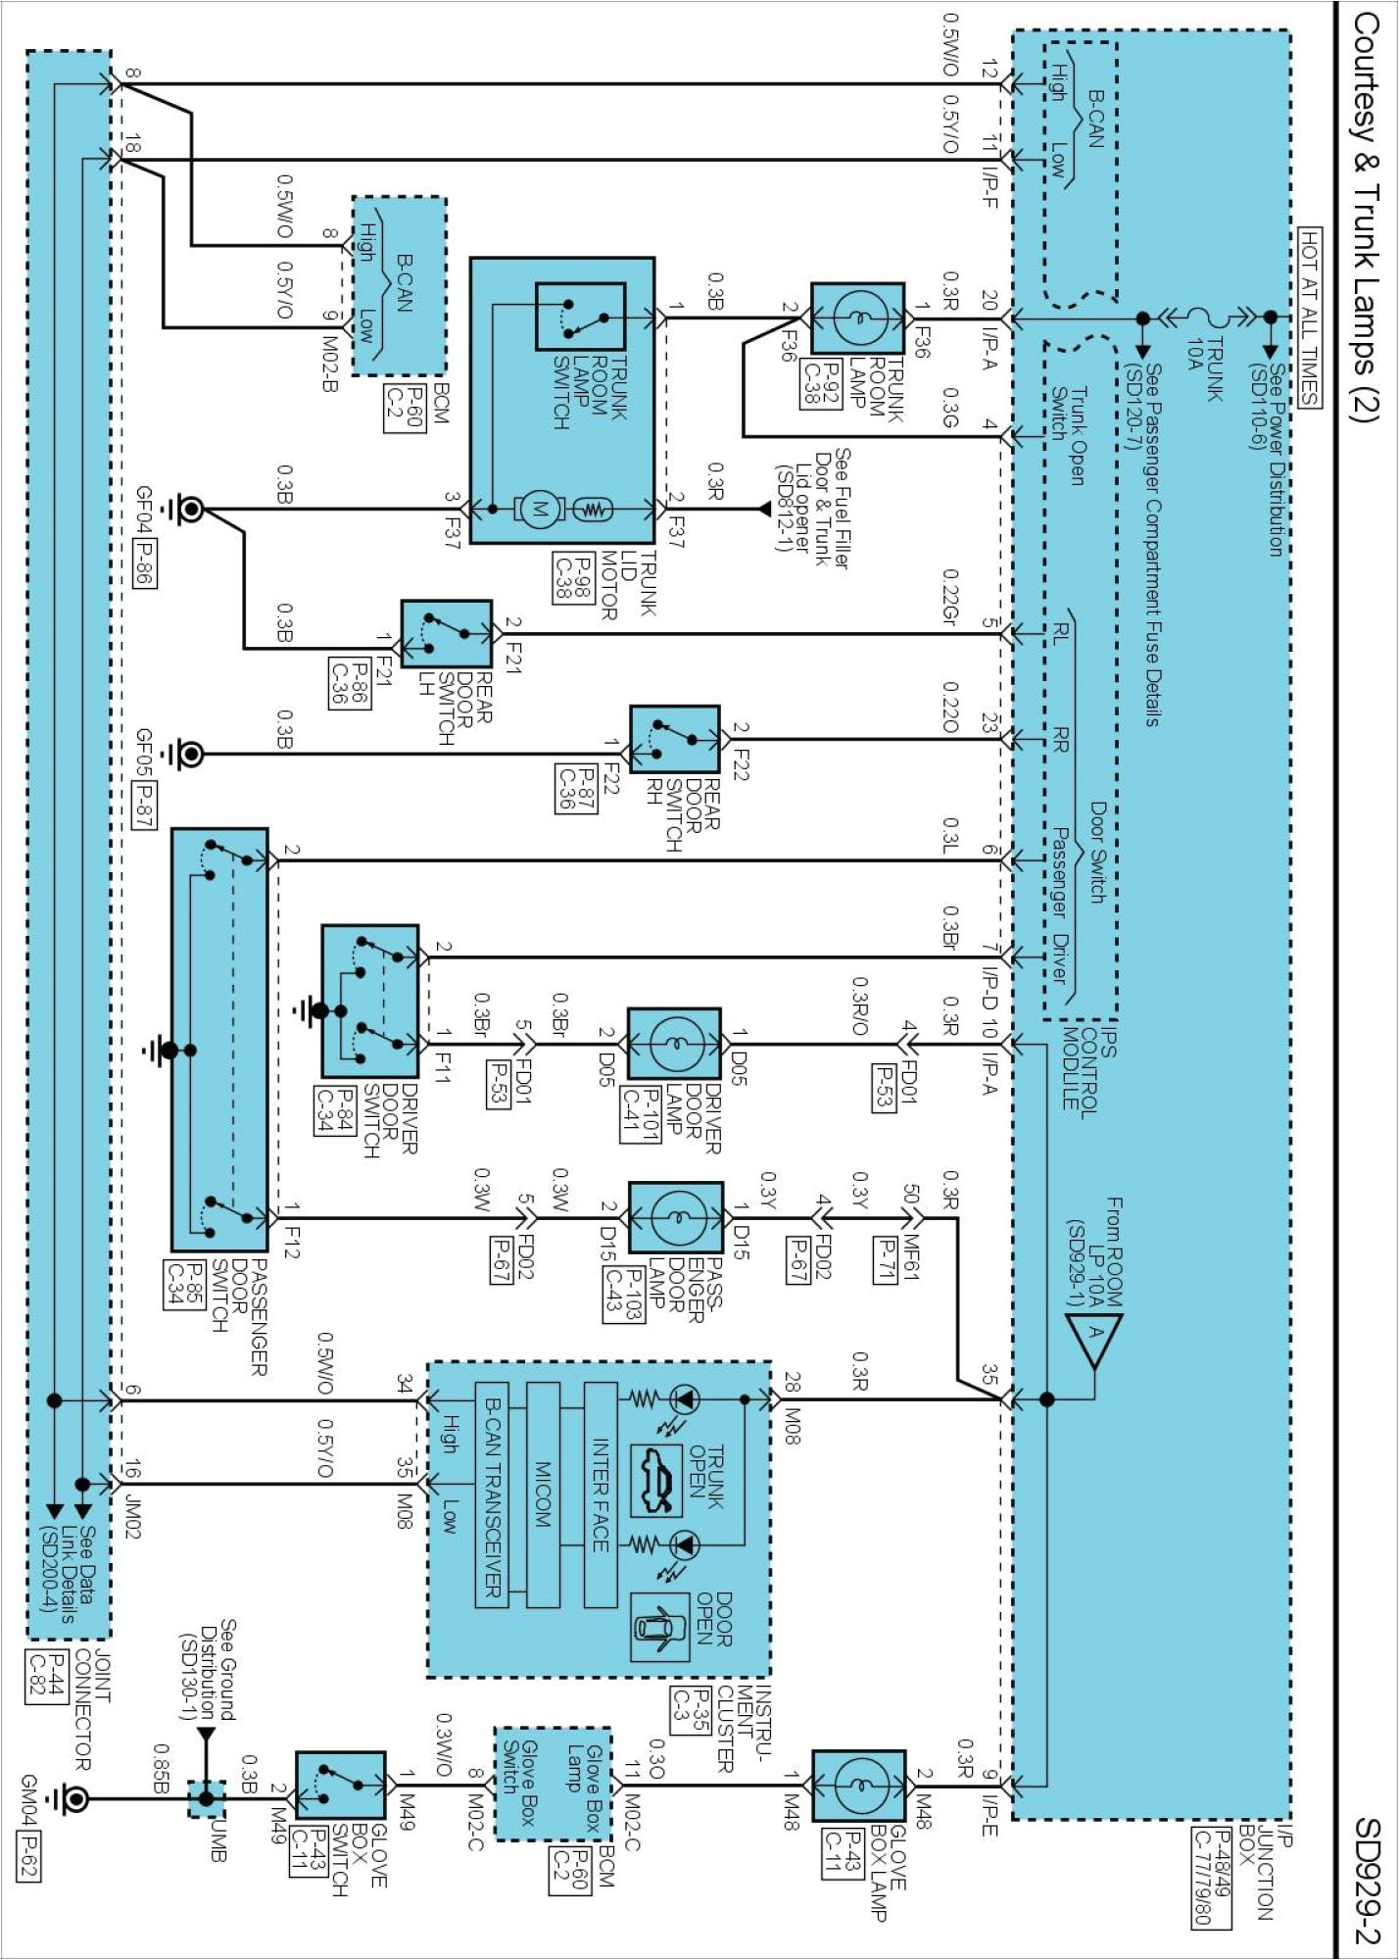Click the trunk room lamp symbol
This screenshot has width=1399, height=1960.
(x=857, y=318)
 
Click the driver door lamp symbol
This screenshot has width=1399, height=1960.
(x=674, y=1044)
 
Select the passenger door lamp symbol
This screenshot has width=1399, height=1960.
(x=675, y=1217)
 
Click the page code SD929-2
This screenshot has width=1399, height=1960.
(x=1366, y=1881)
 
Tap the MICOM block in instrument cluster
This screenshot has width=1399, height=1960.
(x=543, y=1495)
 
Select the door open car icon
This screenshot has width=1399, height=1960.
(x=658, y=1628)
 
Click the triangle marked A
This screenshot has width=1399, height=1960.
(x=1094, y=1338)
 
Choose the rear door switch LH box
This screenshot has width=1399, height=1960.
(x=447, y=634)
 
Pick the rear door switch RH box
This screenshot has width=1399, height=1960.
(x=675, y=740)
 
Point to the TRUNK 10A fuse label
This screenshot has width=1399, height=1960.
(x=1204, y=368)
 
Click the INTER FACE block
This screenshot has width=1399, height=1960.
(x=601, y=1495)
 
